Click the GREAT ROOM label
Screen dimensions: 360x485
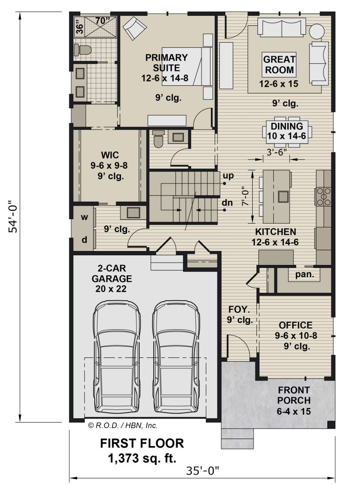(x=279, y=64)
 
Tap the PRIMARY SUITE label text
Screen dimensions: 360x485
(x=166, y=62)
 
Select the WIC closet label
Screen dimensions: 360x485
(x=110, y=155)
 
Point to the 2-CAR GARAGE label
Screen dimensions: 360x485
(x=112, y=273)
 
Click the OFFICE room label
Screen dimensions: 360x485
(x=296, y=325)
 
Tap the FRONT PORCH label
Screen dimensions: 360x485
(x=293, y=395)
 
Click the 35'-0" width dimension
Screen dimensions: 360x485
(x=202, y=471)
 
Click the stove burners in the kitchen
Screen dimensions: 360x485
(x=323, y=197)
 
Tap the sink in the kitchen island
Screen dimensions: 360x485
(x=283, y=197)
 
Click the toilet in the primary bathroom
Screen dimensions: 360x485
(x=82, y=50)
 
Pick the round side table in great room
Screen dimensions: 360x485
(x=317, y=31)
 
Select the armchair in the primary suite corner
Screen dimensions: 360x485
(x=135, y=28)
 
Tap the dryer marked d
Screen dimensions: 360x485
(x=84, y=240)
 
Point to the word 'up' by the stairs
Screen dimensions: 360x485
(x=228, y=176)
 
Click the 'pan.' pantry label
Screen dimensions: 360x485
(x=305, y=274)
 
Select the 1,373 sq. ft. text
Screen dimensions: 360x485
(x=142, y=458)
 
